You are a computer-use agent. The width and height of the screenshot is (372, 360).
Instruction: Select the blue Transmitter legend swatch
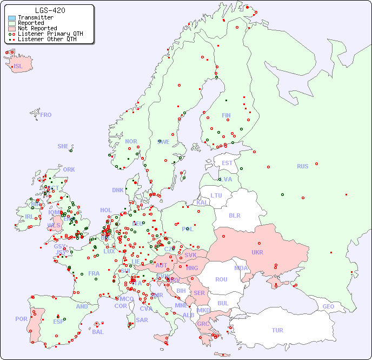[12, 18]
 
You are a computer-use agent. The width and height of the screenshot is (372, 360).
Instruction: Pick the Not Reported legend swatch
[12, 29]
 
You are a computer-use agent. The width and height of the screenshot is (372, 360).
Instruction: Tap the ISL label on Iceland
[18, 67]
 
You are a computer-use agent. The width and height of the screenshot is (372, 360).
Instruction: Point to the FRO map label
[46, 115]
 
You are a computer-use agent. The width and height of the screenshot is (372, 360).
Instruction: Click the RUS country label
[302, 166]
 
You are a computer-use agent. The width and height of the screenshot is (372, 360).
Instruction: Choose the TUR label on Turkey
[277, 330]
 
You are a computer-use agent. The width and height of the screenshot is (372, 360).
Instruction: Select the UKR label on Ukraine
[257, 252]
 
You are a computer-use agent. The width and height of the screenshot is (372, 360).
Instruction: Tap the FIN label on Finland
[226, 115]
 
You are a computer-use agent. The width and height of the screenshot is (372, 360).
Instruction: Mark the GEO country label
[328, 306]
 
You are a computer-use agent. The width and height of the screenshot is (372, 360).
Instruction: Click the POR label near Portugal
[21, 319]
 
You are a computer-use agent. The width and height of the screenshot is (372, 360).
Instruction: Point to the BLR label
[234, 215]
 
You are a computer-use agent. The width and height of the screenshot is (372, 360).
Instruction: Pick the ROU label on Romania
[221, 279]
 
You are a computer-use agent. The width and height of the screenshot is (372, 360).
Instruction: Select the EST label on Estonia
[227, 163]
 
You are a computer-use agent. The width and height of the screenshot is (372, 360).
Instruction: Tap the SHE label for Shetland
[63, 146]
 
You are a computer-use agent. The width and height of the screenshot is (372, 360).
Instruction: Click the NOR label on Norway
[131, 141]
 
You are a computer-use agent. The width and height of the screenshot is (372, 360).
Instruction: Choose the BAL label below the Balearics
[97, 332]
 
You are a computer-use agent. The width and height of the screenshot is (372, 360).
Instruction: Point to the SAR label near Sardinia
[142, 320]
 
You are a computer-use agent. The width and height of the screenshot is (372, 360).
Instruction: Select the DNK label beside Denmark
[118, 190]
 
